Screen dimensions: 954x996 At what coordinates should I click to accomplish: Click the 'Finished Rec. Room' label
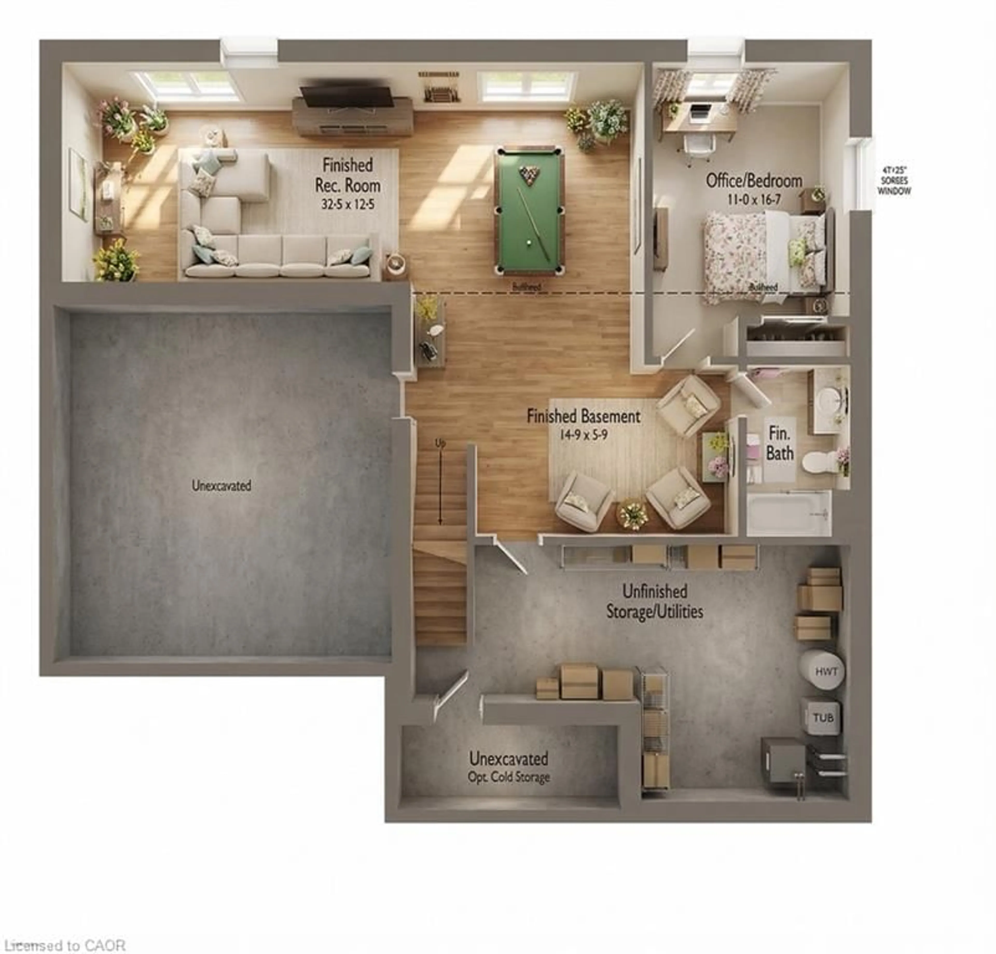coord(348,175)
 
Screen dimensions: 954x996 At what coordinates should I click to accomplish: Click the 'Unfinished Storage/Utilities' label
coord(654,601)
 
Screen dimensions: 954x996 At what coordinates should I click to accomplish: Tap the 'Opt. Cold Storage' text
coord(509,777)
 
